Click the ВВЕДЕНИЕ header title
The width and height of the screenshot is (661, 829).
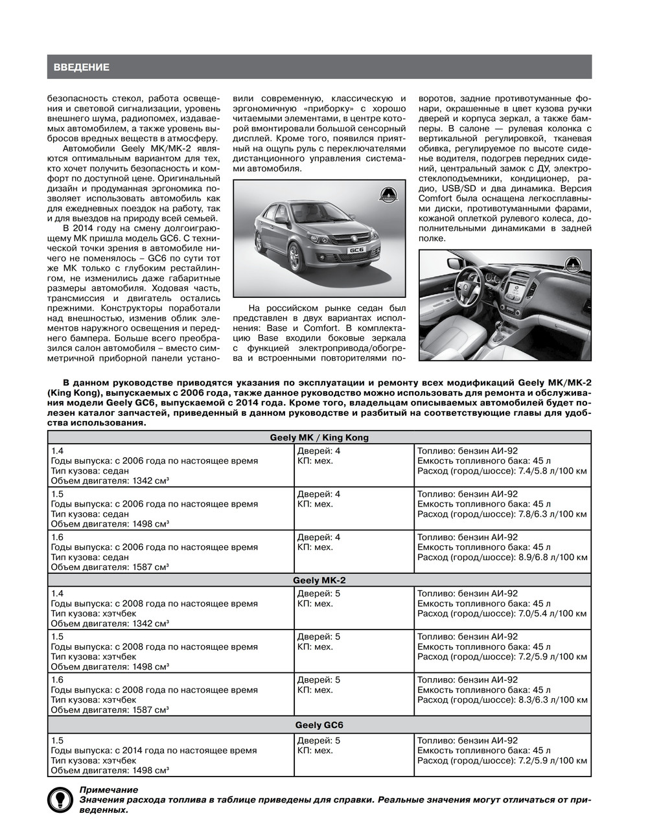point(81,67)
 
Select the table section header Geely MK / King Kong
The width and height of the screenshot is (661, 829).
point(319,437)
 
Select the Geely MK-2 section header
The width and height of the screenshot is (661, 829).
point(319,580)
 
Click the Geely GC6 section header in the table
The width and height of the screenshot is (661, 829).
point(319,725)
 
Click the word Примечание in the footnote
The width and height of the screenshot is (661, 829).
point(108,789)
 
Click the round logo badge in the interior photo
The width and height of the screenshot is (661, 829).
point(573,263)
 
